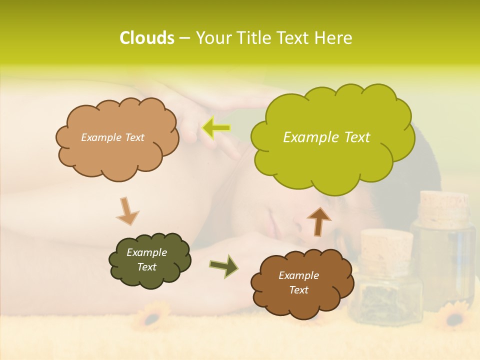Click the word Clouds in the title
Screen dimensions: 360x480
click(x=146, y=38)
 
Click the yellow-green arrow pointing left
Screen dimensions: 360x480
click(x=216, y=128)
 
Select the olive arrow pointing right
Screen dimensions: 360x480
click(x=224, y=266)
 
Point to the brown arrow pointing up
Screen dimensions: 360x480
click(x=318, y=221)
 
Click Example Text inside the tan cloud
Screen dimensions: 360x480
click(x=112, y=137)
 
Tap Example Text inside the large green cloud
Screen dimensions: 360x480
click(x=326, y=137)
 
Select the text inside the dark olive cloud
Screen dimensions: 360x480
click(x=146, y=260)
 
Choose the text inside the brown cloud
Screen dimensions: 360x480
click(x=298, y=282)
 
